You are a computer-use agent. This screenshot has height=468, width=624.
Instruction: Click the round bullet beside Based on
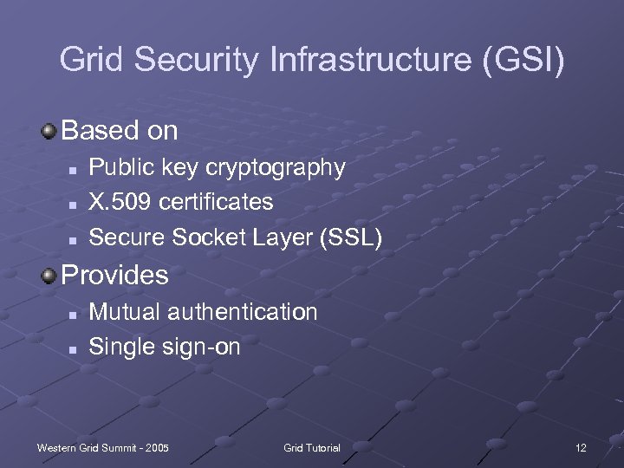point(49,131)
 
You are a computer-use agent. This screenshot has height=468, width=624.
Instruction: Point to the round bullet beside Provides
point(49,275)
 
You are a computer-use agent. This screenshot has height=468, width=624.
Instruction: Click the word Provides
point(115,276)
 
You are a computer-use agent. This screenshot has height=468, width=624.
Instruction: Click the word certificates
point(217,202)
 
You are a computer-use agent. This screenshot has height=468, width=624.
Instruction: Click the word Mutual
point(123,311)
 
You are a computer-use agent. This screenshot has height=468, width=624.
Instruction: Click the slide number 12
point(581,448)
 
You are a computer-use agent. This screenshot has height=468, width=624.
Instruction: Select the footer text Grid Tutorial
point(312,448)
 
